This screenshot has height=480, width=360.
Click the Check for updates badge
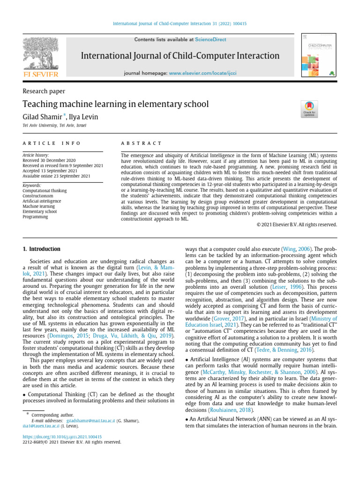(310, 109)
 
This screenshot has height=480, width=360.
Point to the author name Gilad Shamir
(43, 117)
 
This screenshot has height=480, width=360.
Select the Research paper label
(44, 91)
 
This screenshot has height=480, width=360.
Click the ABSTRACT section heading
(141, 143)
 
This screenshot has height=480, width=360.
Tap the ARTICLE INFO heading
(52, 143)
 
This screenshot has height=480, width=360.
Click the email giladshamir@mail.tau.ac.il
(86, 421)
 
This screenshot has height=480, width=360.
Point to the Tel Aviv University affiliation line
(54, 126)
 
